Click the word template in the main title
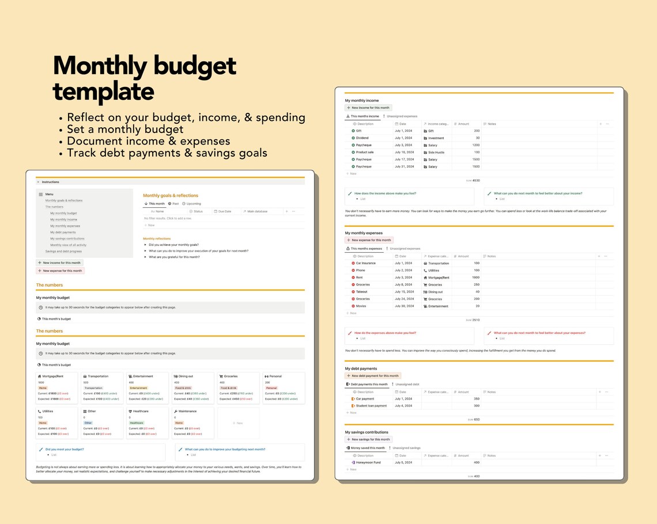point(103,92)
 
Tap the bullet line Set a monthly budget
point(125,129)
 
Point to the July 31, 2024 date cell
point(404,166)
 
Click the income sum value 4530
point(476,180)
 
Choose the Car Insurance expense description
point(365,263)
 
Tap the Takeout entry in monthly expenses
point(361,292)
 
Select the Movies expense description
point(361,306)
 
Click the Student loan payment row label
point(371,406)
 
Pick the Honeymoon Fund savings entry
point(368,462)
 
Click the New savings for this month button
point(369,439)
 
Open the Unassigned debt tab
point(407,384)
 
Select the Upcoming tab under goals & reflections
point(193,204)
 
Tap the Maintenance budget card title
point(187,411)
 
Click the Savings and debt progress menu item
point(63,251)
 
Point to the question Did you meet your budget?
point(65,449)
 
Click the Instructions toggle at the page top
point(50,182)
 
